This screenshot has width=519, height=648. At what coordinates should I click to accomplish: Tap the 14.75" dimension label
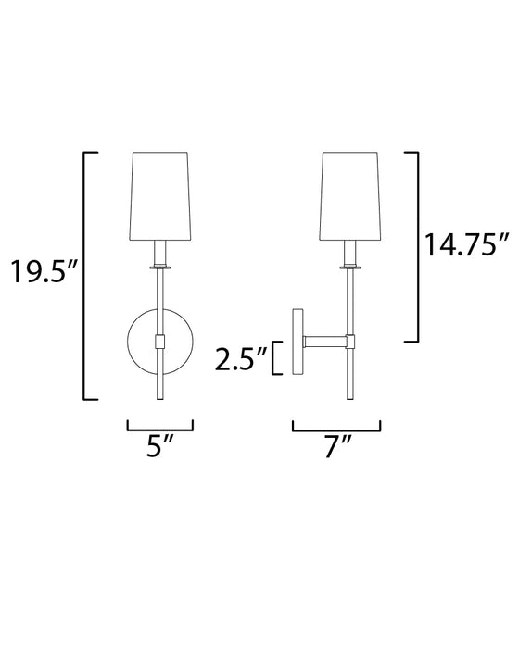pyautogui.click(x=468, y=244)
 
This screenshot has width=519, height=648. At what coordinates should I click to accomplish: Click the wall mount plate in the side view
pyautogui.click(x=297, y=341)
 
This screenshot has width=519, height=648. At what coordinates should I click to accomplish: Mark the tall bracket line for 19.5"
pyautogui.click(x=85, y=274)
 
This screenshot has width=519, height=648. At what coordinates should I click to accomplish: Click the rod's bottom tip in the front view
pyautogui.click(x=159, y=398)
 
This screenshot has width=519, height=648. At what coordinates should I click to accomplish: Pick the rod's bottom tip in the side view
pyautogui.click(x=350, y=398)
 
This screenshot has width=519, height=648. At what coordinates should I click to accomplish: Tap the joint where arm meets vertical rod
pyautogui.click(x=350, y=341)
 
